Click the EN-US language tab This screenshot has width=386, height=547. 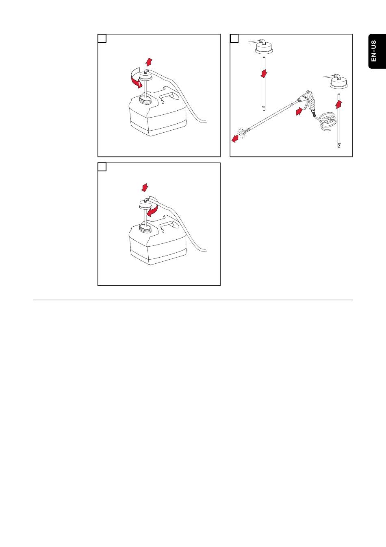[377, 51]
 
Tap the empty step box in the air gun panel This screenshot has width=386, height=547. [234, 38]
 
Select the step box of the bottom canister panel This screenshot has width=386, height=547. [102, 167]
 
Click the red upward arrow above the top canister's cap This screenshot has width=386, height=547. [149, 62]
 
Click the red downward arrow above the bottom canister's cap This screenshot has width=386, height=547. [145, 188]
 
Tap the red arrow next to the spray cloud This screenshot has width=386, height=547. [235, 139]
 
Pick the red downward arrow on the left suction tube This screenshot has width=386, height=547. [264, 74]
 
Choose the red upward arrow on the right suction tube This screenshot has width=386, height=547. [338, 104]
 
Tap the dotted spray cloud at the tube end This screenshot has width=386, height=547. [243, 133]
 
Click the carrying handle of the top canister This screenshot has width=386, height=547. [169, 96]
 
